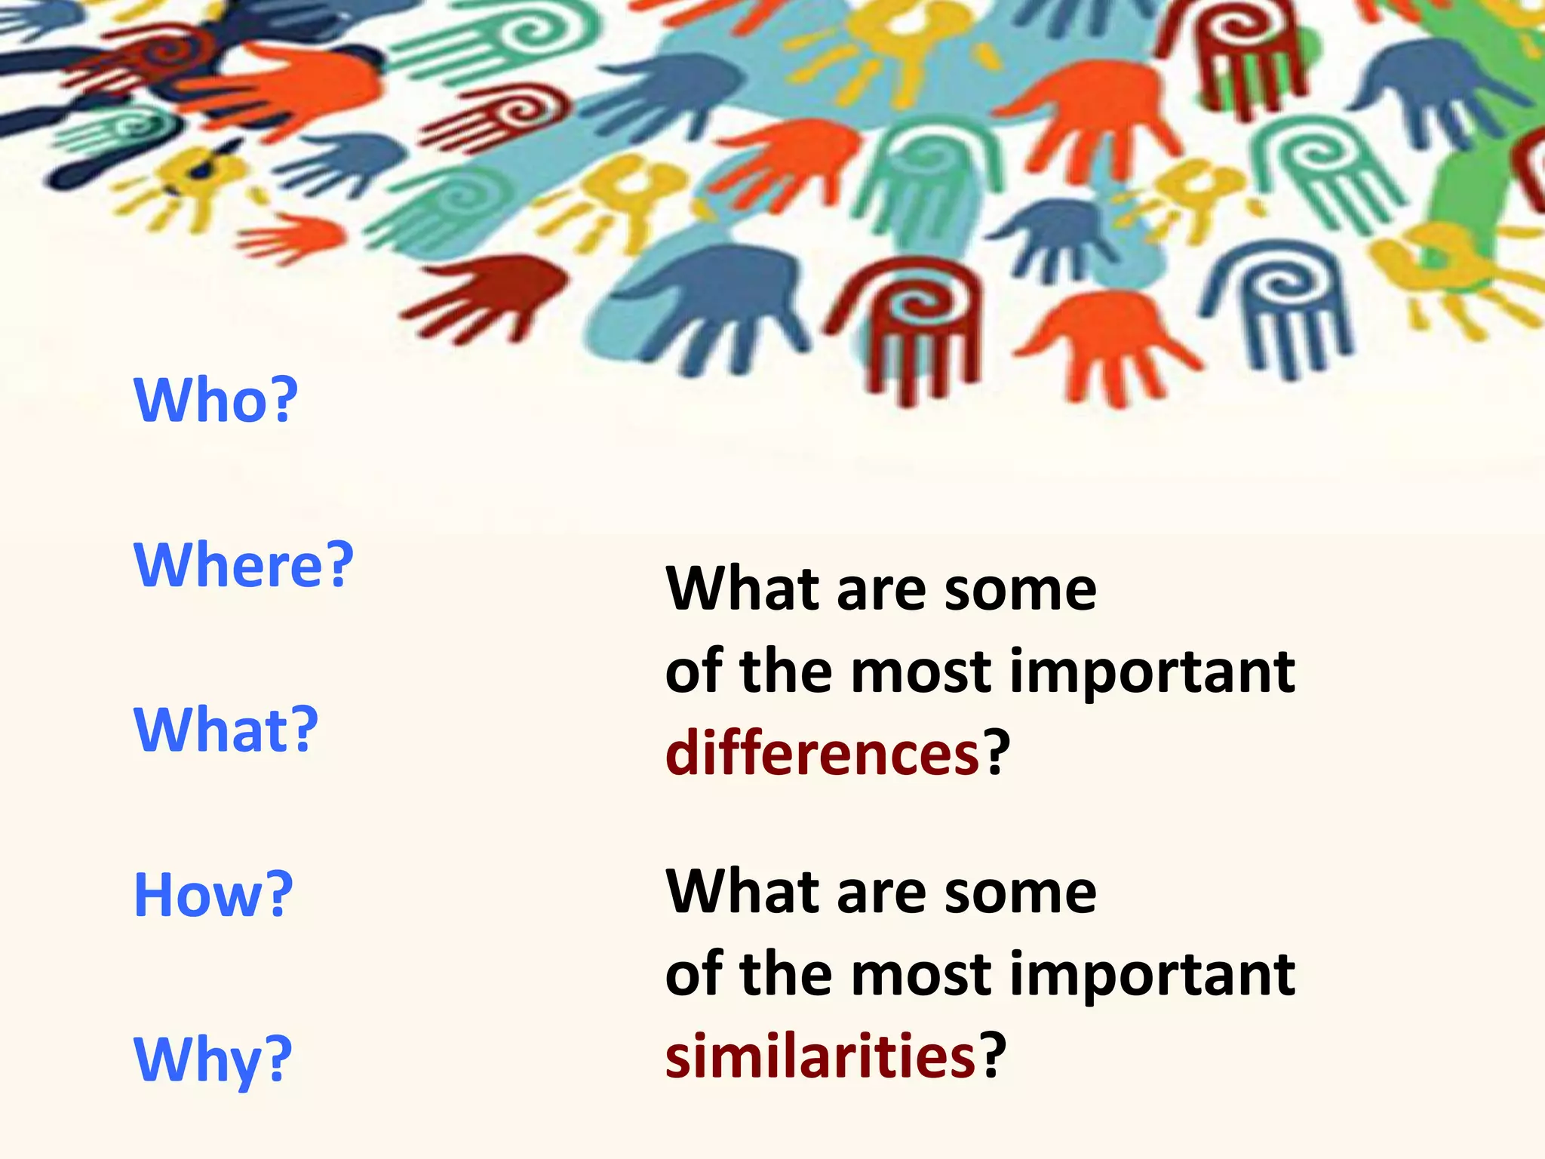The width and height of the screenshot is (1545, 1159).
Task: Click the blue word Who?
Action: click(216, 399)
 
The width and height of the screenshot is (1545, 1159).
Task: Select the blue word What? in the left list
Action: click(226, 730)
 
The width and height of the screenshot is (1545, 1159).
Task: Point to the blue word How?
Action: click(213, 895)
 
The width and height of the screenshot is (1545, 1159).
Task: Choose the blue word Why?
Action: click(212, 1060)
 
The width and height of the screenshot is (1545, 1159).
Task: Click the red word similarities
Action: click(820, 1055)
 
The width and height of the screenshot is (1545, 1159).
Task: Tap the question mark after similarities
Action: click(992, 1053)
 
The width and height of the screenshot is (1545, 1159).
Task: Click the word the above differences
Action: click(787, 671)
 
